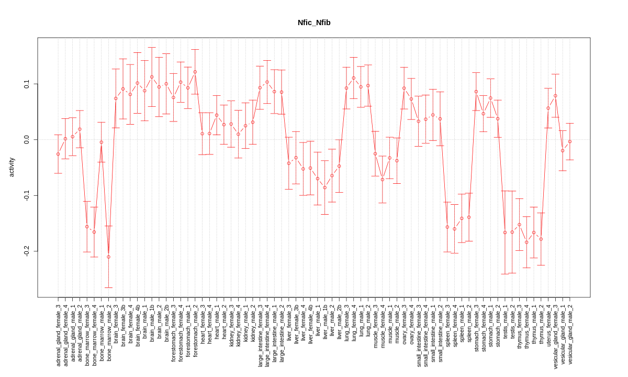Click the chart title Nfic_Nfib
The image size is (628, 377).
pyautogui.click(x=314, y=23)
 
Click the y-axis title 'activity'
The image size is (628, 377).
pyautogui.click(x=12, y=167)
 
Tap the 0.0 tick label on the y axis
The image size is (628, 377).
pyautogui.click(x=27, y=140)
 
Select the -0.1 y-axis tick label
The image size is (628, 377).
pyautogui.click(x=27, y=195)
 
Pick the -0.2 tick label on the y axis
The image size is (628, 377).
pyautogui.click(x=27, y=251)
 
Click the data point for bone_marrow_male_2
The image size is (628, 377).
pyautogui.click(x=108, y=257)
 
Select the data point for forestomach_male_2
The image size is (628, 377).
pyautogui.click(x=195, y=72)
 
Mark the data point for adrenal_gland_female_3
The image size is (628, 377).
pyautogui.click(x=58, y=154)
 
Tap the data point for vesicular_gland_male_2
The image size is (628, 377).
pyautogui.click(x=570, y=141)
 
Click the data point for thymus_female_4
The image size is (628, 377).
pyautogui.click(x=526, y=242)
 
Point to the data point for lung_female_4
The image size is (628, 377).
pyautogui.click(x=354, y=78)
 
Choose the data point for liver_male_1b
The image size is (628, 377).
pyautogui.click(x=324, y=187)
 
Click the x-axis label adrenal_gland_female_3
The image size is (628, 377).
pyautogui.click(x=58, y=335)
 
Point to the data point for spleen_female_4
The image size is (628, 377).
pyautogui.click(x=454, y=229)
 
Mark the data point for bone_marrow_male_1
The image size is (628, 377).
pyautogui.click(x=102, y=142)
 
